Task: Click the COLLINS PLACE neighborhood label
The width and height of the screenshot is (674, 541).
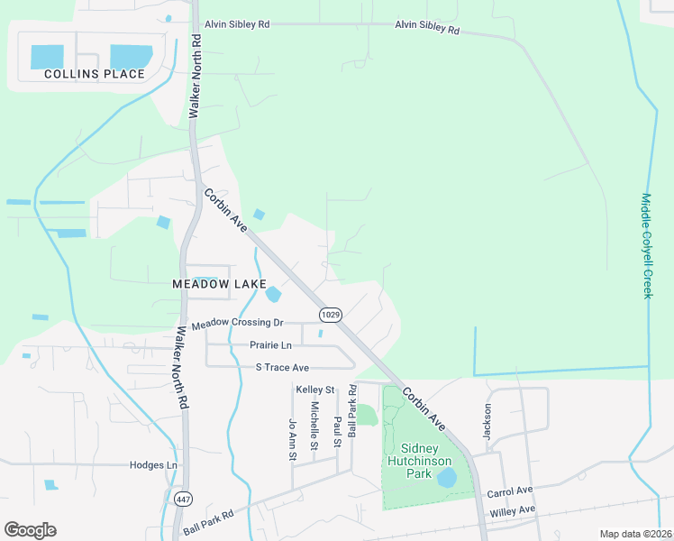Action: [95, 74]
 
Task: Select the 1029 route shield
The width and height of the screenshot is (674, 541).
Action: [330, 313]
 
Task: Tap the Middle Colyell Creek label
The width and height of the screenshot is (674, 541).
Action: [646, 245]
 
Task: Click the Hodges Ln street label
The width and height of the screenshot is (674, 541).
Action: [153, 464]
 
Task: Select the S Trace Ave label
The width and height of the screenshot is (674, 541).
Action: [282, 368]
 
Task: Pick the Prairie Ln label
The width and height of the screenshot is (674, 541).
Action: [270, 345]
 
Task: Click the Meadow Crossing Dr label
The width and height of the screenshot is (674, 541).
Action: [238, 323]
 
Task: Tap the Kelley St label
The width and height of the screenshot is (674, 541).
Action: [315, 390]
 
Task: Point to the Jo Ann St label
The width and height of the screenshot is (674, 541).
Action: [292, 440]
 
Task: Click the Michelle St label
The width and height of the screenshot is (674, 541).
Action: [314, 426]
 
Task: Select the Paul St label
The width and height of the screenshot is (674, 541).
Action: [337, 431]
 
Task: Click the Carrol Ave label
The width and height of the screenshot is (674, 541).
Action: [510, 492]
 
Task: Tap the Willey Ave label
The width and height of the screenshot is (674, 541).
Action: [513, 510]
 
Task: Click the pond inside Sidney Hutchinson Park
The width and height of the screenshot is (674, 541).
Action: [447, 478]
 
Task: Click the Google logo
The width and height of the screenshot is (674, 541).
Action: [30, 530]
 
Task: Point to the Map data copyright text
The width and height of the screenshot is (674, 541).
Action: [634, 534]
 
